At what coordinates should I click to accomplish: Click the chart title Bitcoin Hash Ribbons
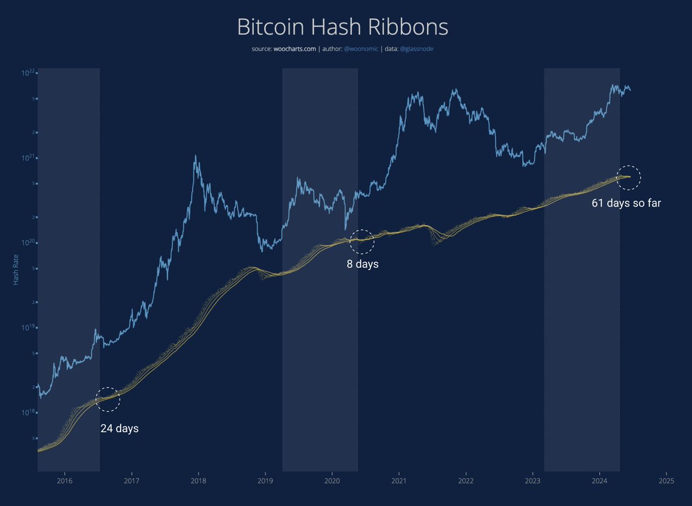[x=343, y=28]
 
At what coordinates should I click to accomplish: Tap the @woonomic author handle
[x=361, y=49]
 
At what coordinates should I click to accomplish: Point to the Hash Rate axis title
[x=16, y=271]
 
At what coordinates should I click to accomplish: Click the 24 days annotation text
[x=119, y=429]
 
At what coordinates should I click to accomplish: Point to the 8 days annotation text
[x=363, y=265]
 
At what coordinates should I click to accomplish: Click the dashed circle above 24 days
[x=108, y=399]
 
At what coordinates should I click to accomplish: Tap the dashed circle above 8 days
[x=363, y=241]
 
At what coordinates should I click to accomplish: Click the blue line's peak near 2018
[x=196, y=156]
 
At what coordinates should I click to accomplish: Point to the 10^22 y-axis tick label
[x=28, y=72]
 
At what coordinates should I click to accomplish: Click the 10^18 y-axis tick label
[x=28, y=412]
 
